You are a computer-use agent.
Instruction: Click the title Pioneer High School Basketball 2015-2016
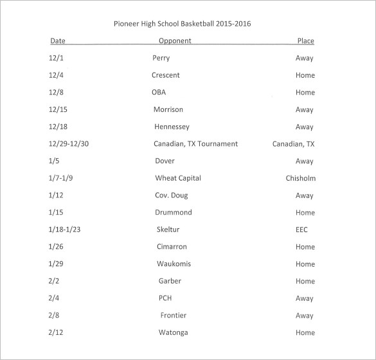182,24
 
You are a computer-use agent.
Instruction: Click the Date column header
58,41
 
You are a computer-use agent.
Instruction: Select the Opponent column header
175,41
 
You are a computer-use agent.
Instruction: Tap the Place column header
305,41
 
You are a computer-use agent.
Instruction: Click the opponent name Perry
161,58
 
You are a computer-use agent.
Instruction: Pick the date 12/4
56,75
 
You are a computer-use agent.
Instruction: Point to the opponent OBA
159,93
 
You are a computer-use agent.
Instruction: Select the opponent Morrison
168,110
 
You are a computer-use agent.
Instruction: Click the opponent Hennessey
171,127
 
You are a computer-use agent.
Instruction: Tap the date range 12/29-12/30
68,144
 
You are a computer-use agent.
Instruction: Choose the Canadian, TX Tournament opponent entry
195,144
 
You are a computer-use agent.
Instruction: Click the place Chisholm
300,178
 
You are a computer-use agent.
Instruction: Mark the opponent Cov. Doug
171,195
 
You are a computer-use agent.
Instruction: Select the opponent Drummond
174,213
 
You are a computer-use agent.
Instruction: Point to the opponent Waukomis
174,264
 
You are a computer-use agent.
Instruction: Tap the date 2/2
54,281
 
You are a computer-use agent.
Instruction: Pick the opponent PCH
165,298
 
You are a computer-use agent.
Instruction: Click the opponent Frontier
173,316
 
